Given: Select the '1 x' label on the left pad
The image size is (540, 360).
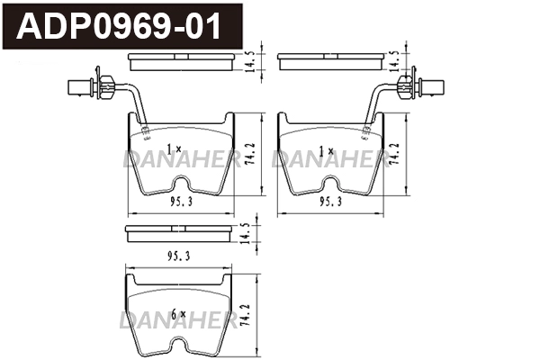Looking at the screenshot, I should pyautogui.click(x=175, y=148).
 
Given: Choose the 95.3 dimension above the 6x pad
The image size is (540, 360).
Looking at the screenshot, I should pyautogui.click(x=177, y=256).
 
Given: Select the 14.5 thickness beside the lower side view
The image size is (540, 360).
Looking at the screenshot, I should pyautogui.click(x=246, y=232).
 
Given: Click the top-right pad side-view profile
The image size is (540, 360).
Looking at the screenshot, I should pyautogui.click(x=329, y=61).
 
